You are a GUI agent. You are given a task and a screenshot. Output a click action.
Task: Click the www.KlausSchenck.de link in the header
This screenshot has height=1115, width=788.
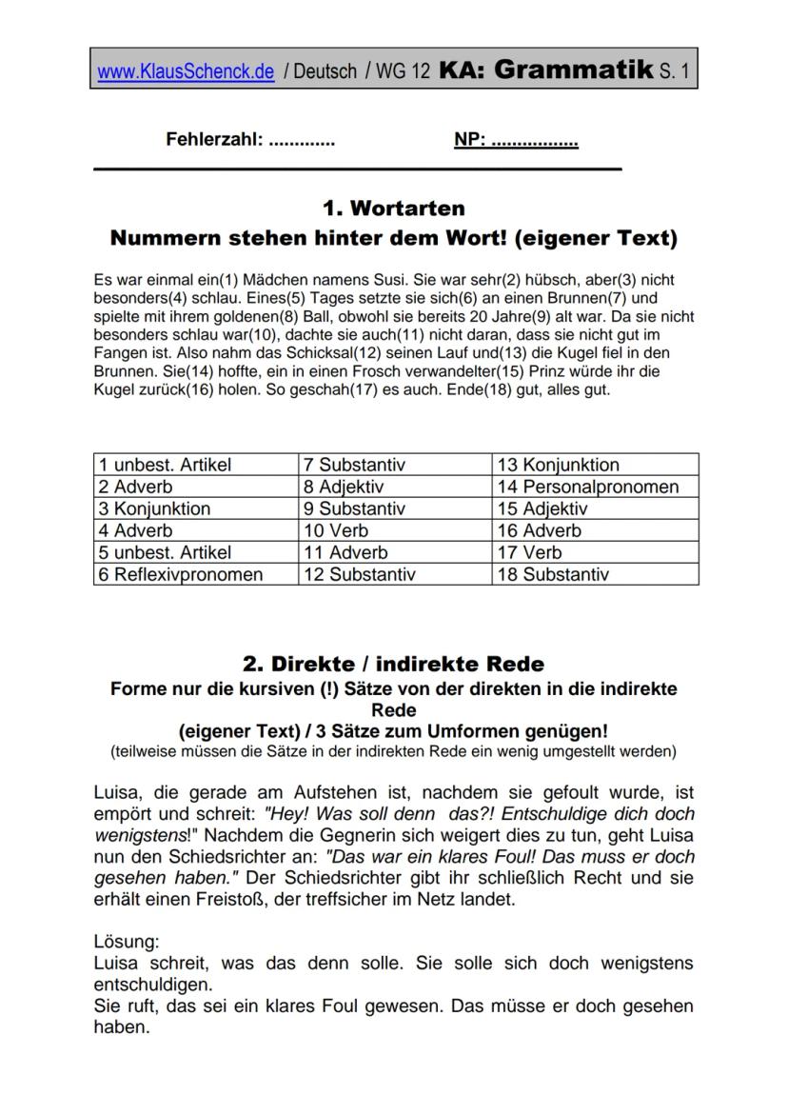point(186,71)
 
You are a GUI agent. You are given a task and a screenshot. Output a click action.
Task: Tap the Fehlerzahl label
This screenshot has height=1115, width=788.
point(214,140)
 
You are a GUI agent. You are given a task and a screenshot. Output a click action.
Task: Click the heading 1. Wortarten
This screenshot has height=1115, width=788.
point(394,208)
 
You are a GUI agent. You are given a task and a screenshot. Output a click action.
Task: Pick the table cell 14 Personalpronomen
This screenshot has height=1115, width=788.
point(588,487)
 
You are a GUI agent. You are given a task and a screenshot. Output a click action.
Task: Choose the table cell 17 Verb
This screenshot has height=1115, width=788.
point(530,552)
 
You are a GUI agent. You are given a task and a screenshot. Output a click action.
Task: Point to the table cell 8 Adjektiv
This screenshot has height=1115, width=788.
point(344,487)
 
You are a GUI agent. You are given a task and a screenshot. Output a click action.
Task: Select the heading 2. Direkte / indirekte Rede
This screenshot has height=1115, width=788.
point(394,663)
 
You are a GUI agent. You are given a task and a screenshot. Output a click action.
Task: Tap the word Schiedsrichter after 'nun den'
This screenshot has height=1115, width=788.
point(218,855)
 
